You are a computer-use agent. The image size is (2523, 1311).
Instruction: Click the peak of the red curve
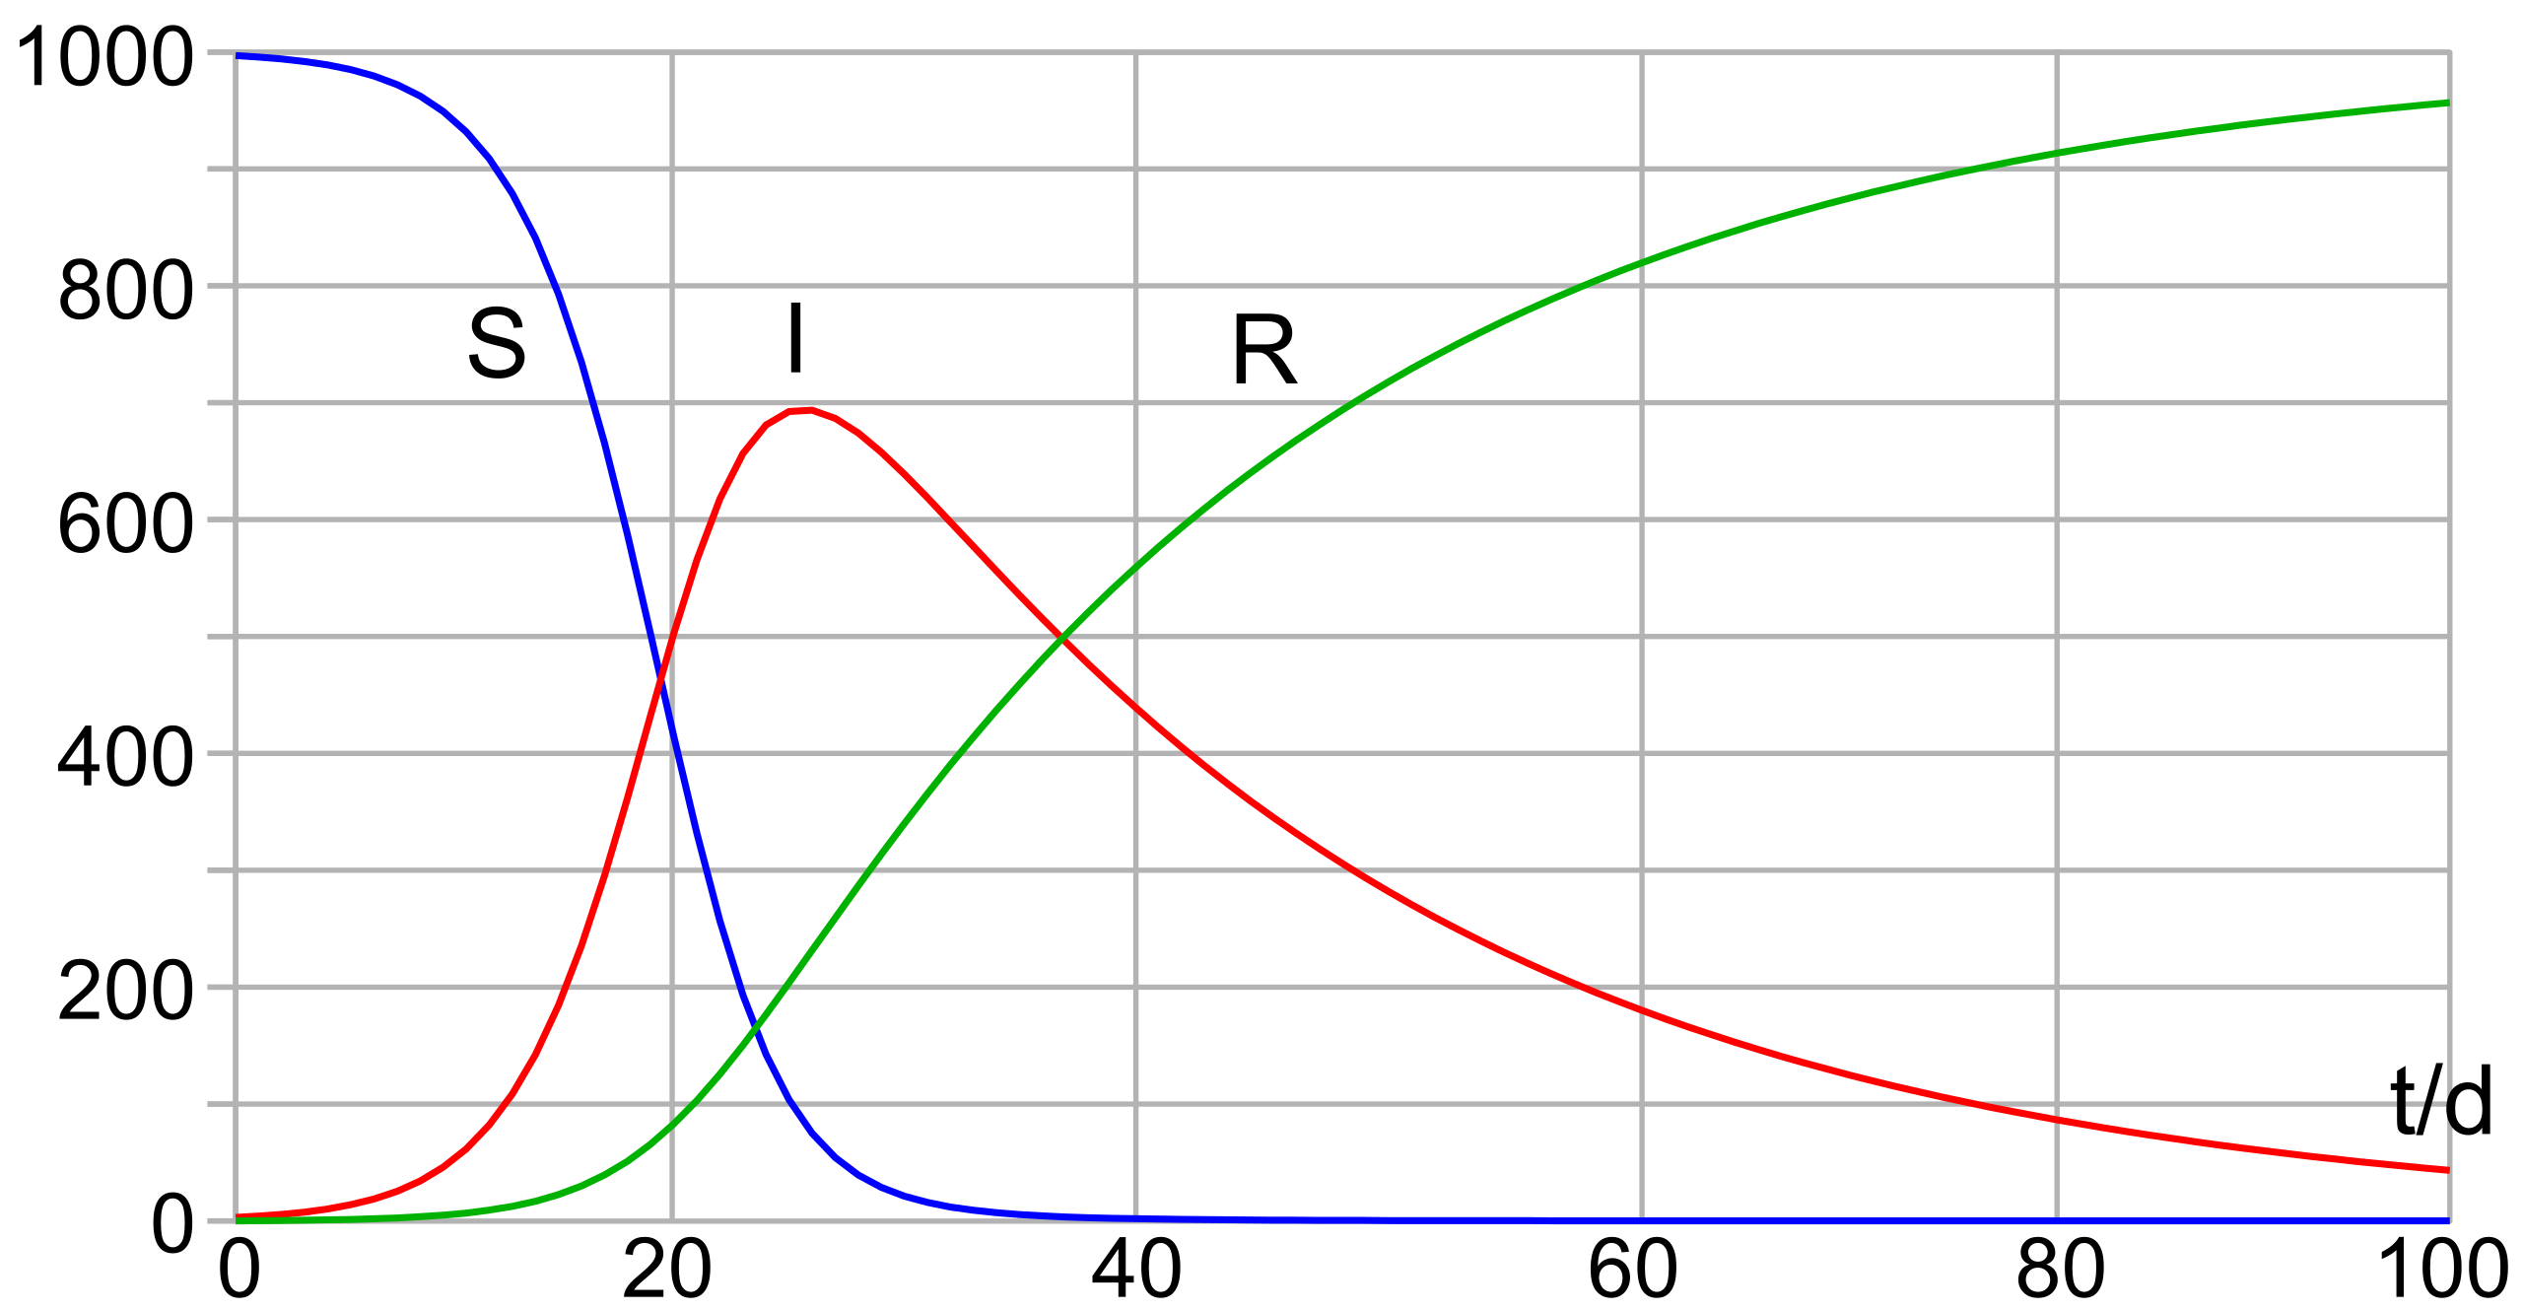click(806, 409)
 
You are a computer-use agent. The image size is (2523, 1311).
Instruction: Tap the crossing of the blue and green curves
click(757, 1029)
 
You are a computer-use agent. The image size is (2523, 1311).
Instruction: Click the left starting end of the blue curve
click(238, 56)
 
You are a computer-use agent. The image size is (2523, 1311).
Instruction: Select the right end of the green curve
click(2448, 103)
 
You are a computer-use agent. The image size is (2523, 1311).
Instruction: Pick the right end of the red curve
click(2448, 1170)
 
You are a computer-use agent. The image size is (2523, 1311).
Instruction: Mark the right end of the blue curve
click(2448, 1221)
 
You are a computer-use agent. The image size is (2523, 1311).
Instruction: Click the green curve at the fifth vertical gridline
click(2057, 153)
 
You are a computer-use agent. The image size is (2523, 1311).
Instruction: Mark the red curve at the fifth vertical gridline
click(2057, 1118)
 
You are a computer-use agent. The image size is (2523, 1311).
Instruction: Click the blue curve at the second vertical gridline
click(672, 730)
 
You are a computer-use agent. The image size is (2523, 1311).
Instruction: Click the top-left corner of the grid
click(237, 51)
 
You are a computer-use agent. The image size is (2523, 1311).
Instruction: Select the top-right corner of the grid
click(2450, 51)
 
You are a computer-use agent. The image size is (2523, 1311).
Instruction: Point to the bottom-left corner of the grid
click(237, 1221)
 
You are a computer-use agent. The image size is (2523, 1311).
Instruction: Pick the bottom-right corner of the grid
click(2450, 1221)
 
